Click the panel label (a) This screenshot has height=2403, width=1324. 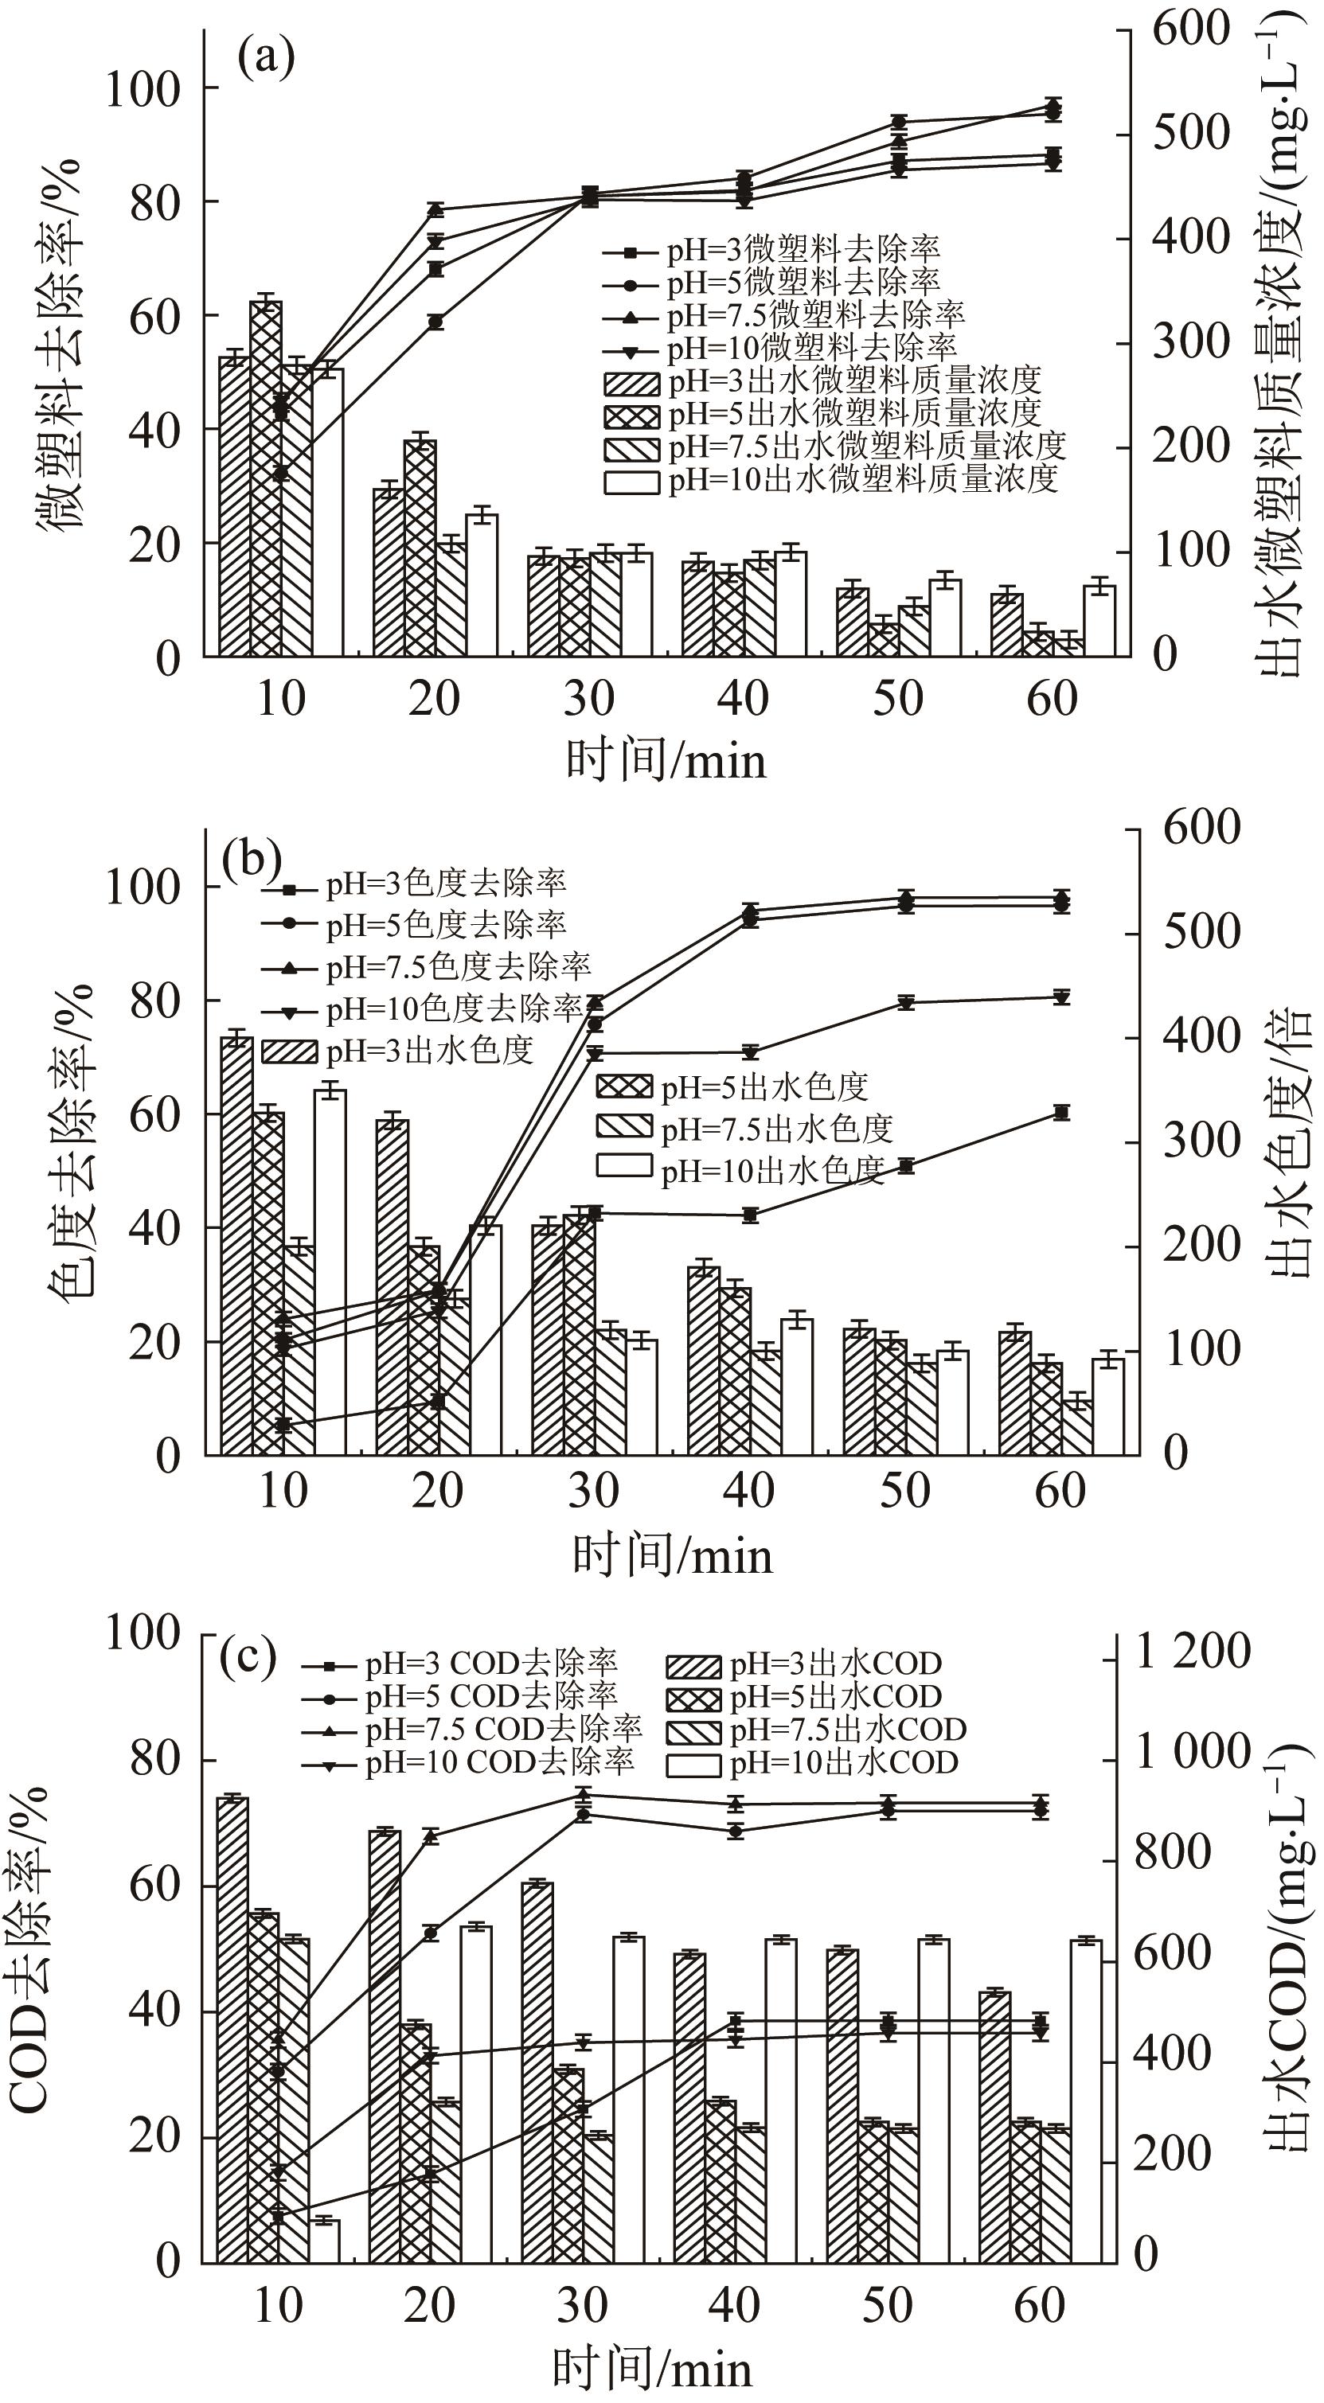pyautogui.click(x=266, y=58)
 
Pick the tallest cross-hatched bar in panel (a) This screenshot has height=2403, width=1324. pyautogui.click(x=266, y=478)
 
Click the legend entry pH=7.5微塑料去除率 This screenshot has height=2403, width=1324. pyautogui.click(x=783, y=315)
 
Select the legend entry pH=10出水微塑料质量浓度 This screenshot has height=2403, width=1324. pyautogui.click(x=830, y=479)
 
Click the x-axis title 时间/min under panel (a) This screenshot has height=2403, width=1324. pyautogui.click(x=666, y=760)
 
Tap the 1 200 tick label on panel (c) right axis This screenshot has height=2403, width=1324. pyautogui.click(x=1192, y=1651)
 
